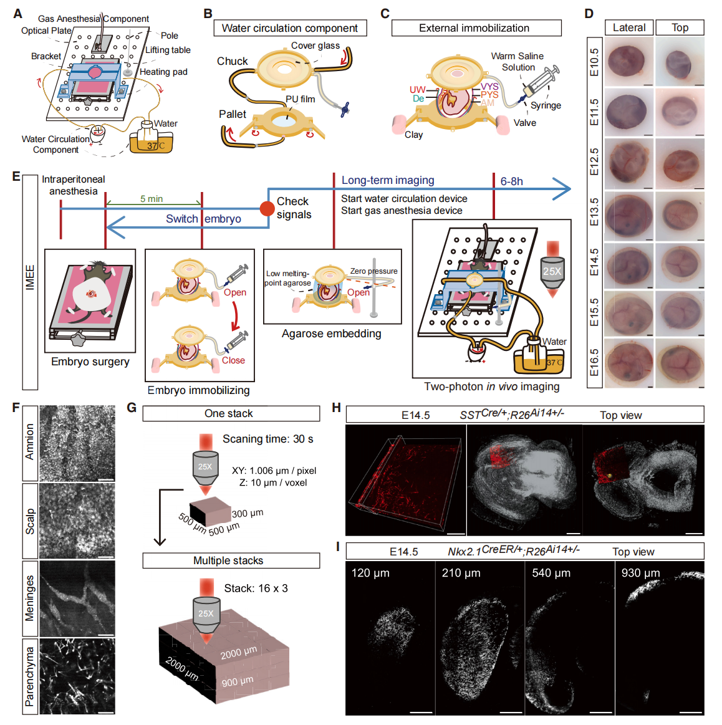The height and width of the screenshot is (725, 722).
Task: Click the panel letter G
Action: click(x=131, y=408)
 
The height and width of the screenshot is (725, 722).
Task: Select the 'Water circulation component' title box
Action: click(x=289, y=28)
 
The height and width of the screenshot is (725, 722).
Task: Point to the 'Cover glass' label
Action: click(x=315, y=46)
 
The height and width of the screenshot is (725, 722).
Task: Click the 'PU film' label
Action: click(x=300, y=99)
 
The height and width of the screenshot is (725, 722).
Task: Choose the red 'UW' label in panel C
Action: click(x=417, y=90)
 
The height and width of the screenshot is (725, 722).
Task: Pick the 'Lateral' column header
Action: click(x=629, y=27)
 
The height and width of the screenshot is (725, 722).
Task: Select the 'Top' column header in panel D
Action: click(x=680, y=27)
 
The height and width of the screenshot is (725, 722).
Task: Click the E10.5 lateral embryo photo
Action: click(x=630, y=62)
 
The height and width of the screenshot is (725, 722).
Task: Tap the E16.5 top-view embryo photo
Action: click(x=680, y=363)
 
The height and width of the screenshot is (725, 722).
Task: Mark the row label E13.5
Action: click(x=594, y=213)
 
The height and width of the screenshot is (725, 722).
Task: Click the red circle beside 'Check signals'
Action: click(x=267, y=208)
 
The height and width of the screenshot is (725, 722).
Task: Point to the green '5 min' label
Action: click(x=152, y=199)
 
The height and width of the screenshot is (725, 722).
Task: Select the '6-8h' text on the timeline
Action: click(x=512, y=181)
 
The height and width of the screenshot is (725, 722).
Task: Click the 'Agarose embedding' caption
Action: click(x=331, y=334)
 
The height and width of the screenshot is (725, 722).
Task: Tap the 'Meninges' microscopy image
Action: click(x=77, y=598)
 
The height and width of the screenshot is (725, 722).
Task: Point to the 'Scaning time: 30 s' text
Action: click(x=267, y=439)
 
